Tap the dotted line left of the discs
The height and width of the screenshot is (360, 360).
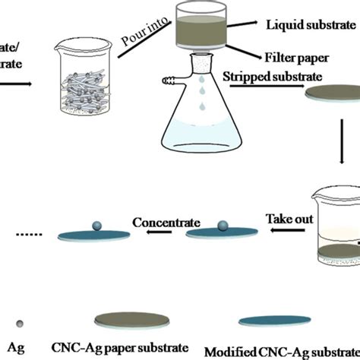24,234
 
